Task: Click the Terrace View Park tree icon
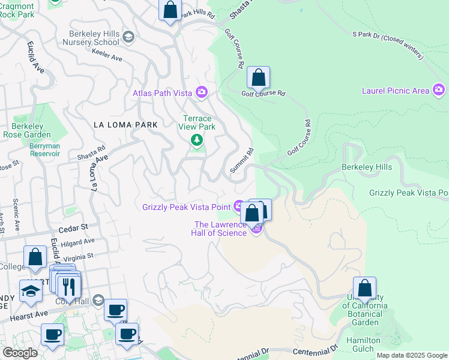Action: tap(196, 140)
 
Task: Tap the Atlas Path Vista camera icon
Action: tap(201, 92)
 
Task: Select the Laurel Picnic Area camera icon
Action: tap(439, 91)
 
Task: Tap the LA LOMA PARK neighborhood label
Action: tap(126, 125)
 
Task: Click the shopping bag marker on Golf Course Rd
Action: tap(259, 78)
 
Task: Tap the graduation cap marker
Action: tap(30, 292)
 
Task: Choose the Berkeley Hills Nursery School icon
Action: tap(128, 38)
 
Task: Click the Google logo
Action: tap(20, 353)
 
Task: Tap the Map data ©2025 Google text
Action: tap(412, 355)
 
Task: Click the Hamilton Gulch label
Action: tap(364, 344)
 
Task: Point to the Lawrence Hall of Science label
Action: tap(219, 229)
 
